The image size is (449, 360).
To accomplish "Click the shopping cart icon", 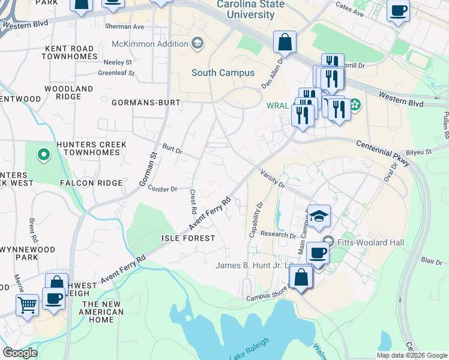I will pyautogui.click(x=27, y=304).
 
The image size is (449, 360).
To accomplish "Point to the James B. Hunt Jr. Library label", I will pyautogui.click(x=258, y=266).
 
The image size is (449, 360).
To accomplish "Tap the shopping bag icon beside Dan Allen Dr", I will pyautogui.click(x=285, y=42).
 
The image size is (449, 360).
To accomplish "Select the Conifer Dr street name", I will pyautogui.click(x=162, y=188).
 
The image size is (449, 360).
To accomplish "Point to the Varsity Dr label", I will pyautogui.click(x=273, y=178).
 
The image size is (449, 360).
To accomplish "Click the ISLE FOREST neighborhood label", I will pyautogui.click(x=188, y=238).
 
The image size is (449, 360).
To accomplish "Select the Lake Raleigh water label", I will pyautogui.click(x=249, y=349).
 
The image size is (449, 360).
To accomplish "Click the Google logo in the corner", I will pyautogui.click(x=20, y=352).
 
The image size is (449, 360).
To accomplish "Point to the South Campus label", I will pyautogui.click(x=223, y=73).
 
